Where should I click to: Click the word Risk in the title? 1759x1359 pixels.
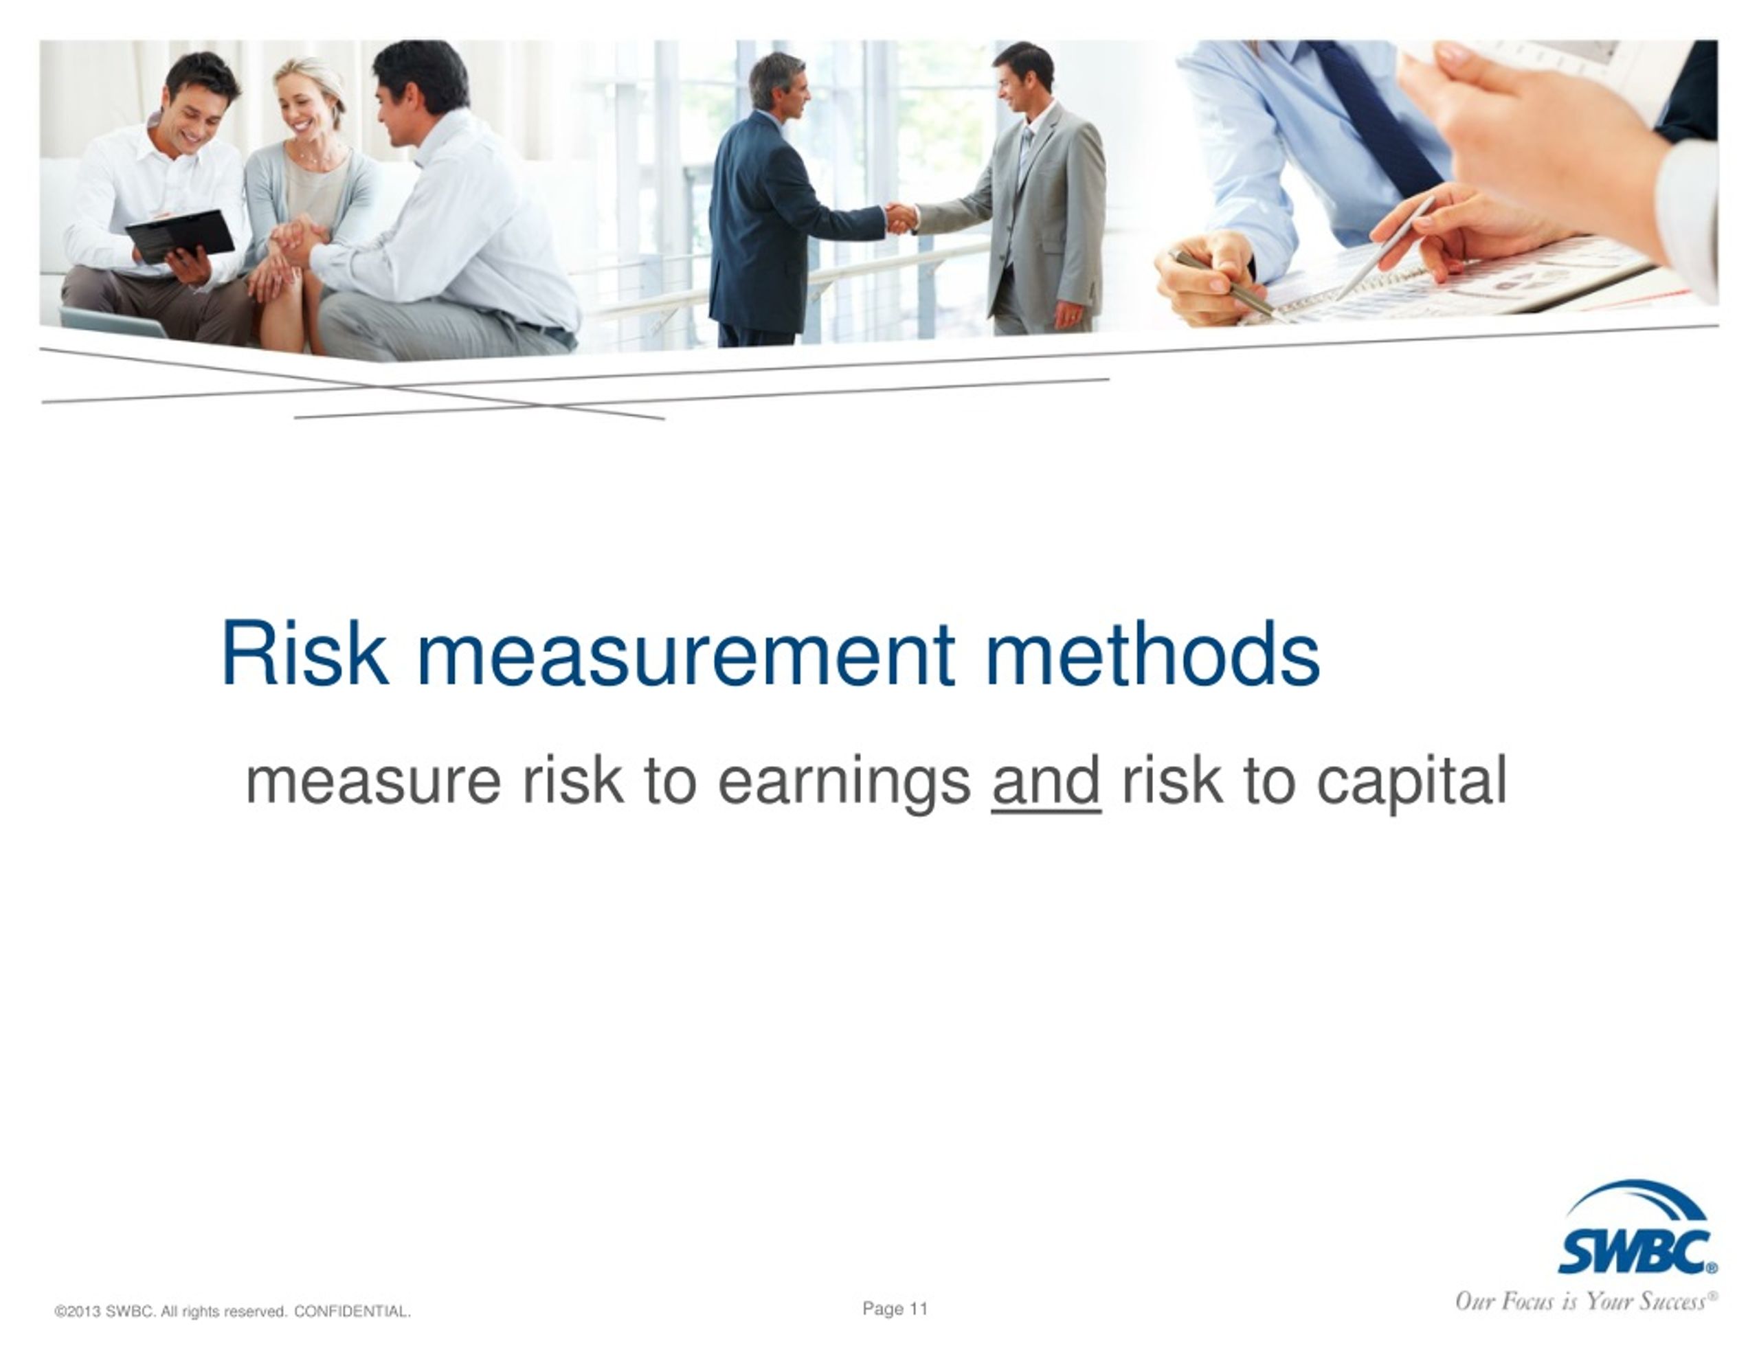click(304, 653)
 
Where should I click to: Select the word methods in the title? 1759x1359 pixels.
click(1152, 653)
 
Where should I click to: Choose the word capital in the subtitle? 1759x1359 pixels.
click(1412, 784)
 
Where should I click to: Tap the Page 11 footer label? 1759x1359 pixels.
click(895, 1308)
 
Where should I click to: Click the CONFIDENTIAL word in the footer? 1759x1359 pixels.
click(352, 1312)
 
